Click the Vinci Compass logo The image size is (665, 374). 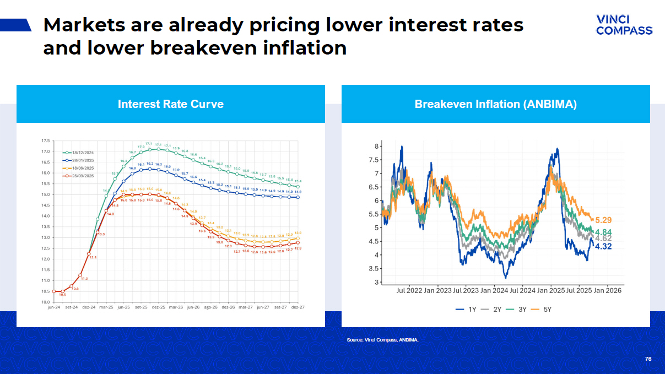pyautogui.click(x=624, y=25)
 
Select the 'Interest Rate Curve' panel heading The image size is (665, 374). pyautogui.click(x=171, y=104)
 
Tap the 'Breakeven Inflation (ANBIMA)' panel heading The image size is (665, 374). pyautogui.click(x=495, y=104)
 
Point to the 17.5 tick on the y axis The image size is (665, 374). pyautogui.click(x=45, y=141)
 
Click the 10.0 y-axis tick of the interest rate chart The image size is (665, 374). pyautogui.click(x=45, y=302)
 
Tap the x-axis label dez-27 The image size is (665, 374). pyautogui.click(x=298, y=307)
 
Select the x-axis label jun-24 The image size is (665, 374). pyautogui.click(x=54, y=307)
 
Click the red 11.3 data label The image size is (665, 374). pyautogui.click(x=84, y=279)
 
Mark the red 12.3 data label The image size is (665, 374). pyautogui.click(x=93, y=257)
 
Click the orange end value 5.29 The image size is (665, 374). pyautogui.click(x=604, y=220)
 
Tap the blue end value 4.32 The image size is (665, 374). pyautogui.click(x=604, y=246)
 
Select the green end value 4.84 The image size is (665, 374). pyautogui.click(x=604, y=232)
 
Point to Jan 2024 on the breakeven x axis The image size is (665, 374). pyautogui.click(x=494, y=290)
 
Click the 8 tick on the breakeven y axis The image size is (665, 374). pyautogui.click(x=377, y=147)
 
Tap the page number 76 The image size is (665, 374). pyautogui.click(x=648, y=359)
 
